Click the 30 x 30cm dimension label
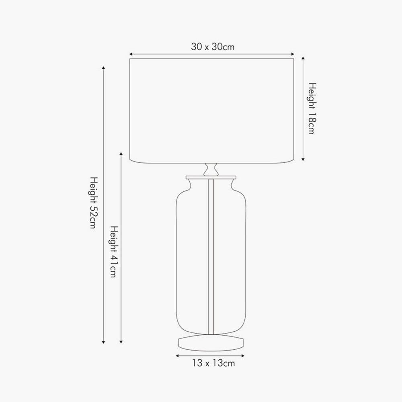213,47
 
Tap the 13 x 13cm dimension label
213,364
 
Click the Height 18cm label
311,109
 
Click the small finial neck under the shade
211,169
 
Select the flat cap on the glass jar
211,177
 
